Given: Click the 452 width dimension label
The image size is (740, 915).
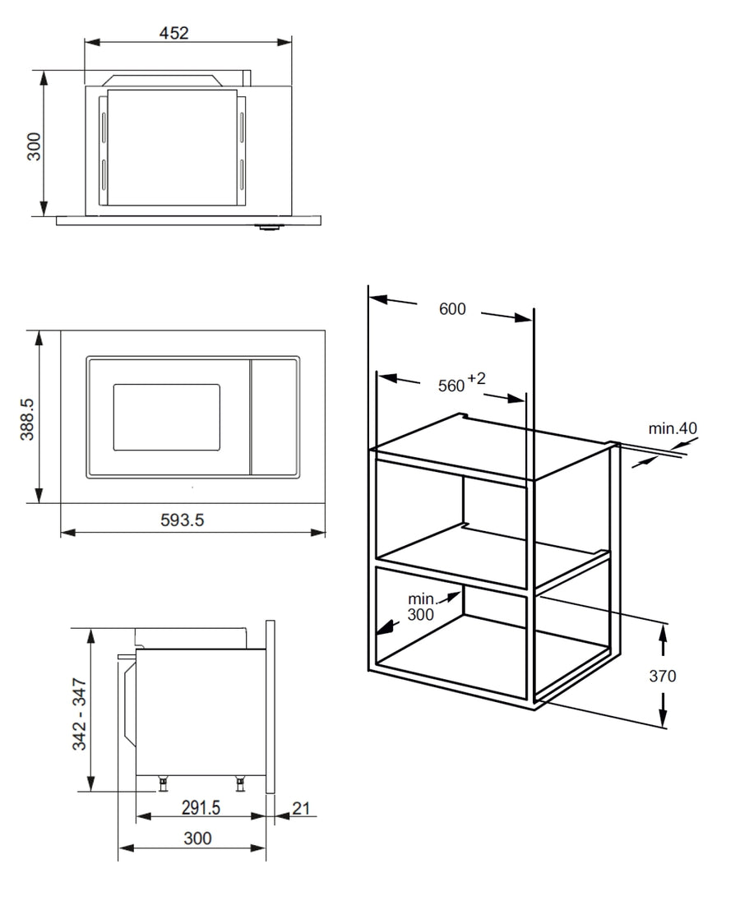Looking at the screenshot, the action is [x=174, y=33].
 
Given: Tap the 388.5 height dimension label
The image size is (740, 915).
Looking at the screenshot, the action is [x=27, y=419].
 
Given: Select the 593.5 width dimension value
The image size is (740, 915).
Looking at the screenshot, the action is [x=182, y=520].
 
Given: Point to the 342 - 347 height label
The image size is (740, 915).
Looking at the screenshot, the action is [x=79, y=714].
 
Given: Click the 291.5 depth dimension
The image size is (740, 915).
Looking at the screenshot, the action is [x=201, y=807].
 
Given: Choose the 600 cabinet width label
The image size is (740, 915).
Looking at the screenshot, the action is [x=452, y=308].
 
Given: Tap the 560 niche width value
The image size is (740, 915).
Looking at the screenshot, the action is [x=451, y=386].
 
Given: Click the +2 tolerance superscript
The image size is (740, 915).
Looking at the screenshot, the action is [x=476, y=379].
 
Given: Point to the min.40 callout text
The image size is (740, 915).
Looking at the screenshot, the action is [x=673, y=428].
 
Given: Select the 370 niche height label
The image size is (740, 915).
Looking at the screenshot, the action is [x=663, y=676].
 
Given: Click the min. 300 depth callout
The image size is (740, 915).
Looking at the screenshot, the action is [x=421, y=607].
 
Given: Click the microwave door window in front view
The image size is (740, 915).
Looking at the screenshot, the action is [x=167, y=418].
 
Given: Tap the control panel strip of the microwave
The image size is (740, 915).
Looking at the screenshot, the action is [x=275, y=418].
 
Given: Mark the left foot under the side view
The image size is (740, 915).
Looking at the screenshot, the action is [x=164, y=783].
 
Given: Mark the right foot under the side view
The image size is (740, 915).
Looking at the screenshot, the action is [x=240, y=783].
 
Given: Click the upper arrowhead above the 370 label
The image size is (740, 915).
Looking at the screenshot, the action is [x=664, y=632].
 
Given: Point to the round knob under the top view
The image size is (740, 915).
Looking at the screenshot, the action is [x=268, y=227].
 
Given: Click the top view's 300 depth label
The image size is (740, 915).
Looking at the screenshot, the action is [x=35, y=146].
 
